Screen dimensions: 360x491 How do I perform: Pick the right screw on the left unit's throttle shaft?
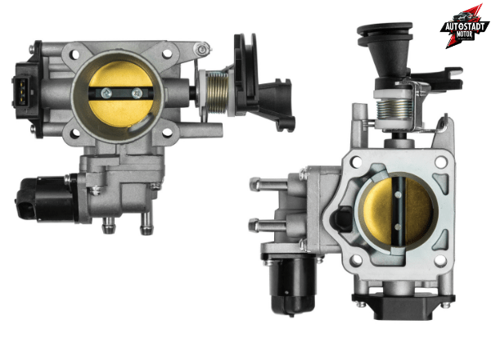tap(136, 92)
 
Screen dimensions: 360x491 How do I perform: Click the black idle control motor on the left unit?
tap(45, 197)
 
